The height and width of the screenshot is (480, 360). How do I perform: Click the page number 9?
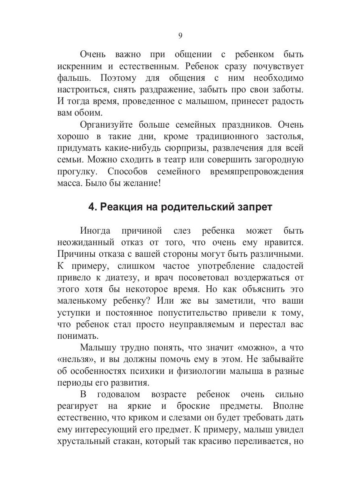180,36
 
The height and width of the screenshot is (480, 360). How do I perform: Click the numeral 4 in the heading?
91,207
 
